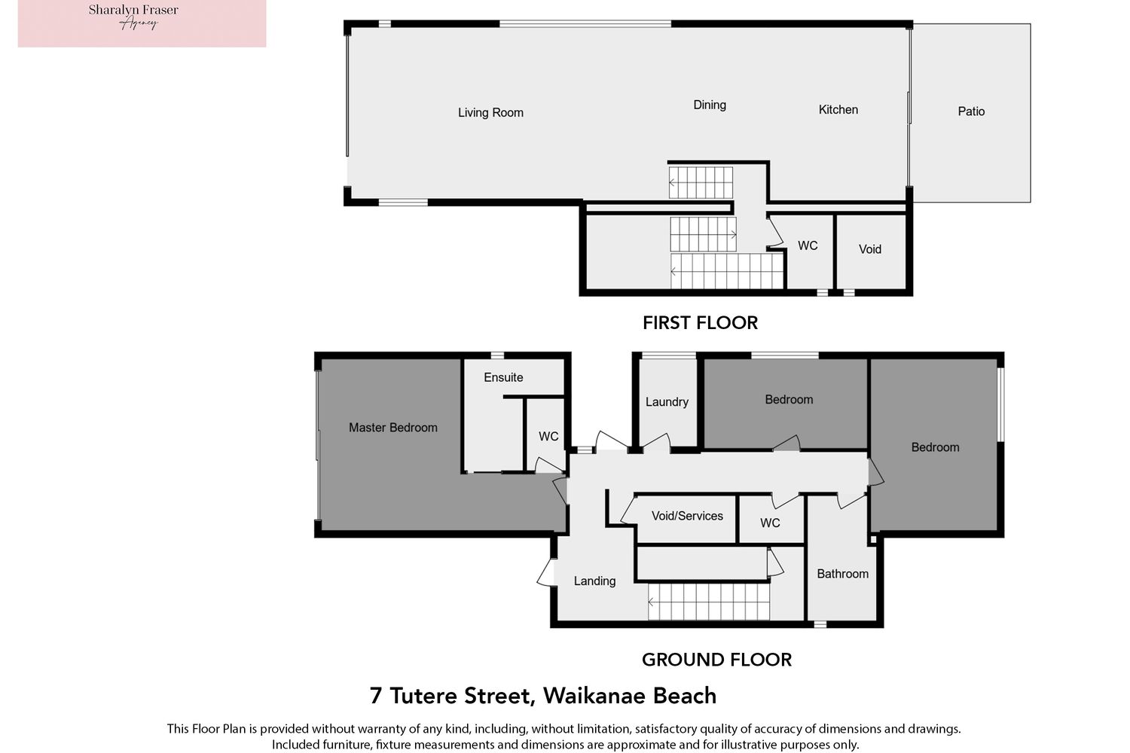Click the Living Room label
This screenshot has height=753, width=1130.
tap(490, 112)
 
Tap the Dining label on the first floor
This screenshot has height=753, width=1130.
tap(710, 105)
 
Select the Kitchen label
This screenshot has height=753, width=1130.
tap(838, 110)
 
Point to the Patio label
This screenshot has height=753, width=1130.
tap(971, 111)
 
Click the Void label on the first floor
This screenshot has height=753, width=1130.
tap(869, 249)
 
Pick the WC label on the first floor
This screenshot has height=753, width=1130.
tap(808, 245)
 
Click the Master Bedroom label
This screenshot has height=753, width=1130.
tap(393, 428)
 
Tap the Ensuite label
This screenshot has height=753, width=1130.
tap(503, 377)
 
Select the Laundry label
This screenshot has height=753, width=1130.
tap(667, 402)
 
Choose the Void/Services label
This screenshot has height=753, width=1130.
tap(687, 516)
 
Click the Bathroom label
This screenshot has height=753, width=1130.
tap(842, 574)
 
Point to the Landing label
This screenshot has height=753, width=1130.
tap(594, 581)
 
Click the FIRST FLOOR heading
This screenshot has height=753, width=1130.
tap(700, 323)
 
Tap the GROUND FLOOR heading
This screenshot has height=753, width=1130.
tap(716, 660)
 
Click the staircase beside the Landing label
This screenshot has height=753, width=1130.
tap(709, 602)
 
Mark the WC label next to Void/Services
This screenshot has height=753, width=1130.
tap(770, 523)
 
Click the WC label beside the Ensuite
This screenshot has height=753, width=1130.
tap(548, 436)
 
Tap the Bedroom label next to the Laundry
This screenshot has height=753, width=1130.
tap(789, 399)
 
